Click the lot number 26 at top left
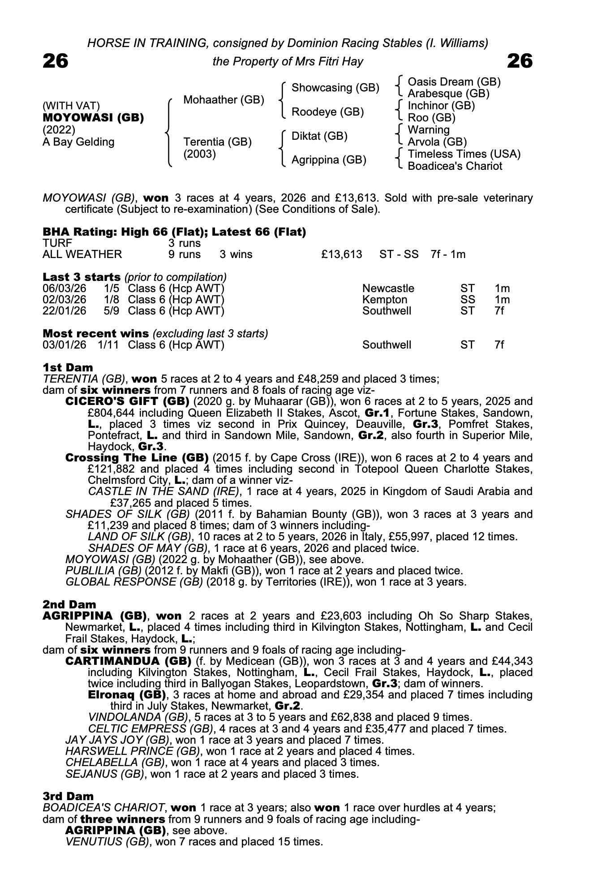tap(56, 61)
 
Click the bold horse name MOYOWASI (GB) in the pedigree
tap(93, 118)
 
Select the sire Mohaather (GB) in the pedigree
tap(224, 99)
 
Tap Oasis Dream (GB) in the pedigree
tap(454, 82)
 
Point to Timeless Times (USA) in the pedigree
tap(464, 154)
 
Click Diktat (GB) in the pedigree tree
tap(319, 136)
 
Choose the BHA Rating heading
tap(174, 232)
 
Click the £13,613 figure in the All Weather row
tap(341, 254)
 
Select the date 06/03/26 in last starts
tap(64, 289)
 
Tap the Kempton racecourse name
tap(385, 300)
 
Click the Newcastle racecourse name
tap(388, 289)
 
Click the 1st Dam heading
tap(68, 368)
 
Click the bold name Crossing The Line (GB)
tap(137, 458)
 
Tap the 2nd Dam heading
tap(69, 605)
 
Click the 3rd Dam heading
tap(68, 796)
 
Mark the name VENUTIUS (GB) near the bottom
tap(107, 841)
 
